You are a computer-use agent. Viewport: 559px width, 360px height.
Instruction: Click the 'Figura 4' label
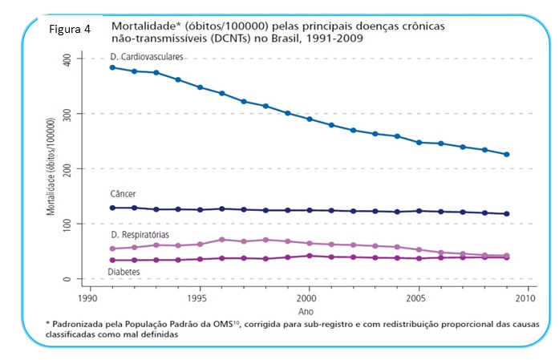[x=69, y=30]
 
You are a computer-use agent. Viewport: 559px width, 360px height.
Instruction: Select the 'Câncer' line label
[x=124, y=196]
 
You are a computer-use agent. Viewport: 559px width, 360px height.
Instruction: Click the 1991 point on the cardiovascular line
[x=113, y=67]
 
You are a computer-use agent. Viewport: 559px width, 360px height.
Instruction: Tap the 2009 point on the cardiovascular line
[x=506, y=155]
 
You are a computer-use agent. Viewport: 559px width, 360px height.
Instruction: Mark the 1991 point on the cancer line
[x=113, y=208]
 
